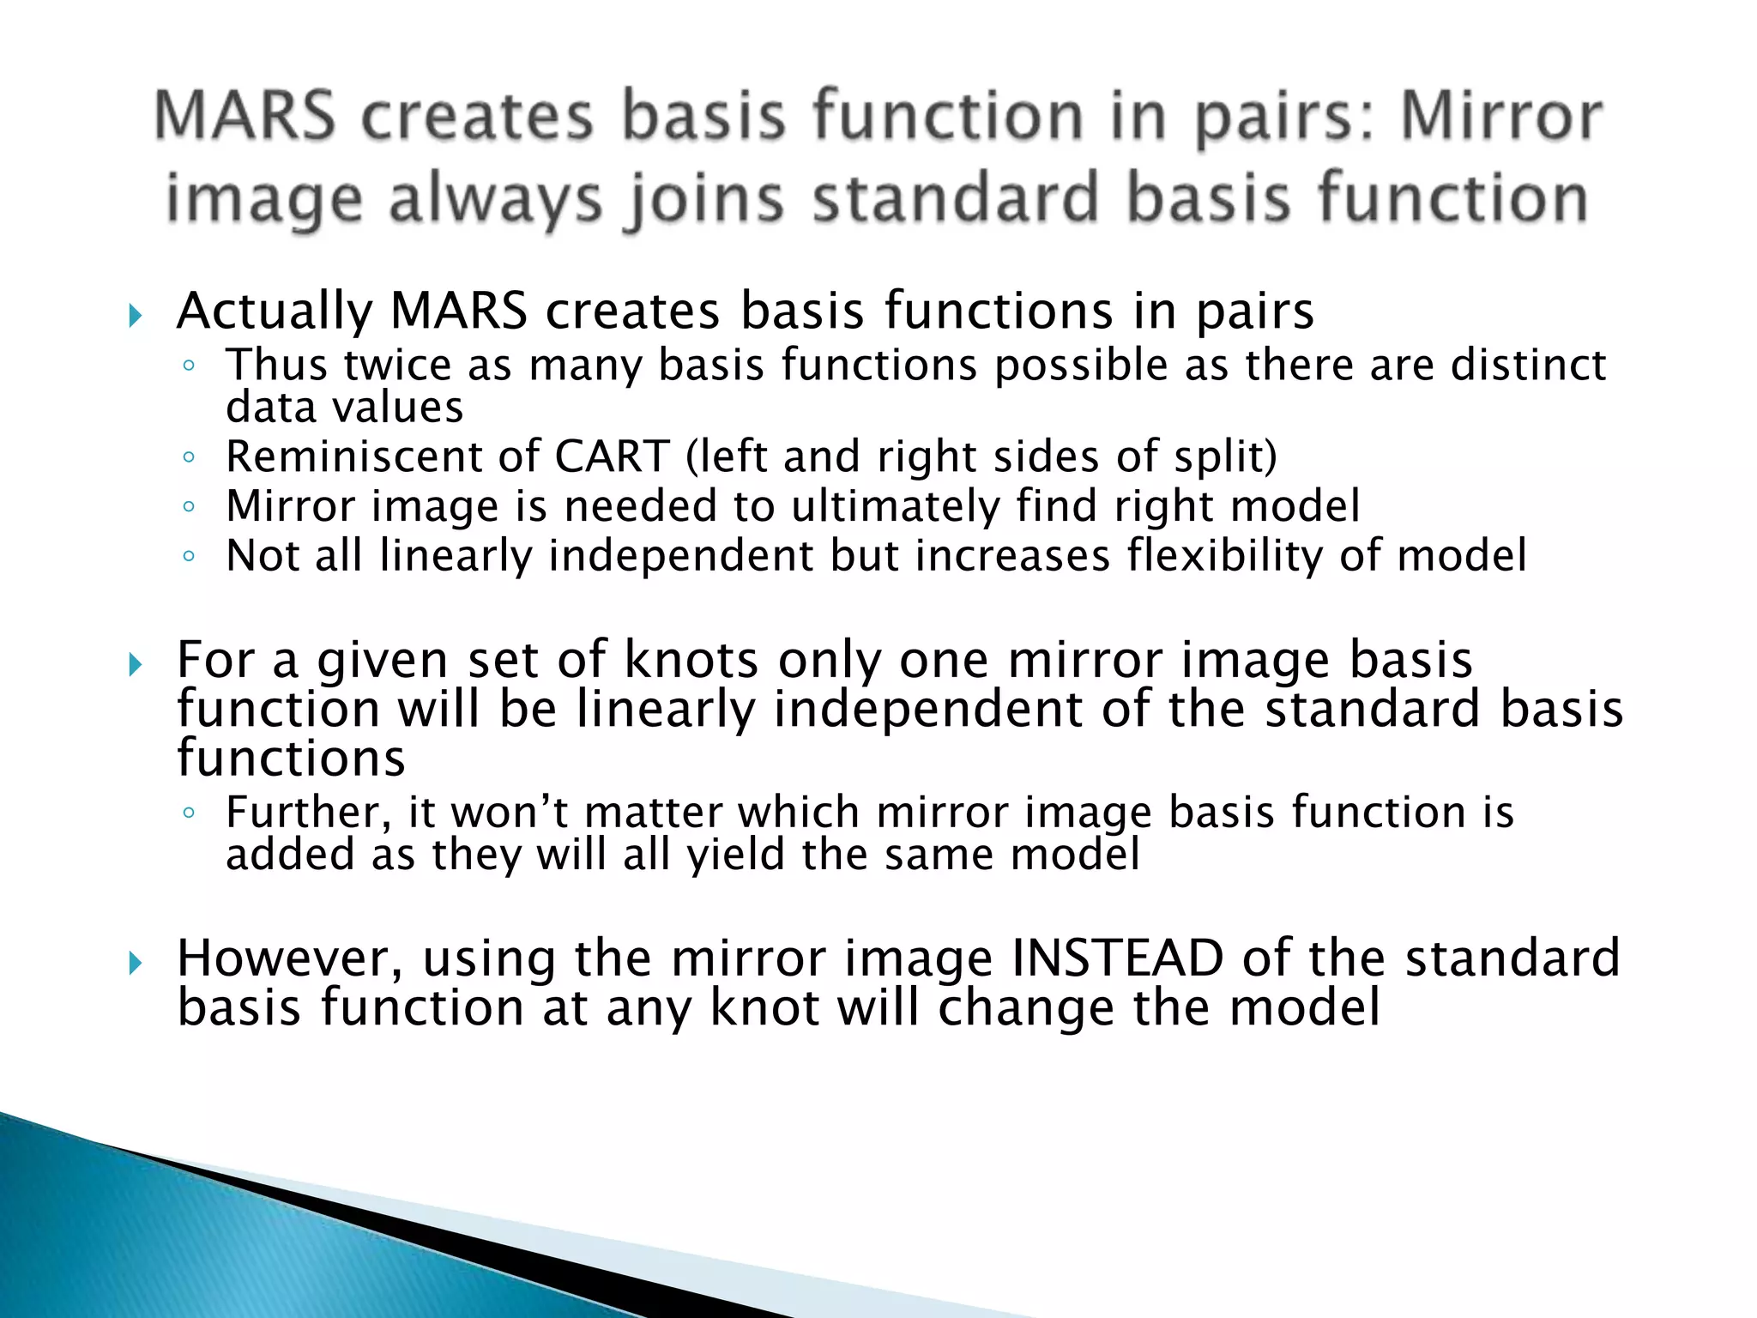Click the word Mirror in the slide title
coord(1500,117)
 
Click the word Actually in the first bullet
coord(274,311)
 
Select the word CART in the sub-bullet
coord(612,456)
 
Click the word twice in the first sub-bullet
coord(397,365)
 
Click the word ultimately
coord(896,505)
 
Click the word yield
coord(736,855)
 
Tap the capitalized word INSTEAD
coord(1117,958)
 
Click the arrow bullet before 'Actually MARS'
coord(135,316)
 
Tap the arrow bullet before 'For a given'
coord(135,664)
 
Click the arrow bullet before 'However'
coord(135,963)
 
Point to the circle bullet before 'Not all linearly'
coord(190,557)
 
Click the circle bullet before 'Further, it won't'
coord(190,813)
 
